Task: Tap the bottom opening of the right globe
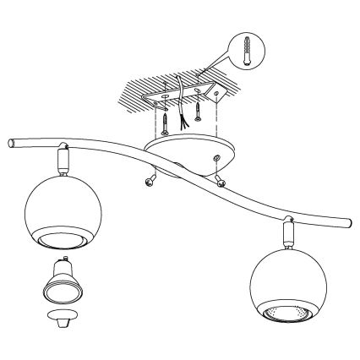pyautogui.click(x=286, y=314)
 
